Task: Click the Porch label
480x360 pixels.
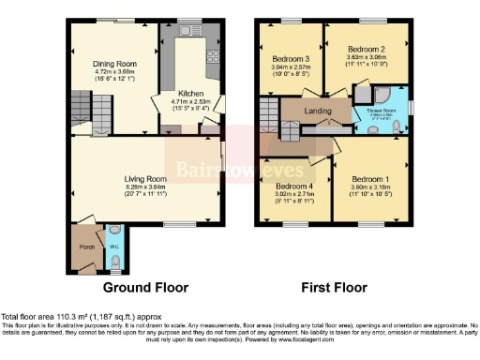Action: [86, 247]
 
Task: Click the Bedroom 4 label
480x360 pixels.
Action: [296, 186]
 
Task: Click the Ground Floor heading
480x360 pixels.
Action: [145, 288]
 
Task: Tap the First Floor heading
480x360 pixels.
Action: [334, 288]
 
